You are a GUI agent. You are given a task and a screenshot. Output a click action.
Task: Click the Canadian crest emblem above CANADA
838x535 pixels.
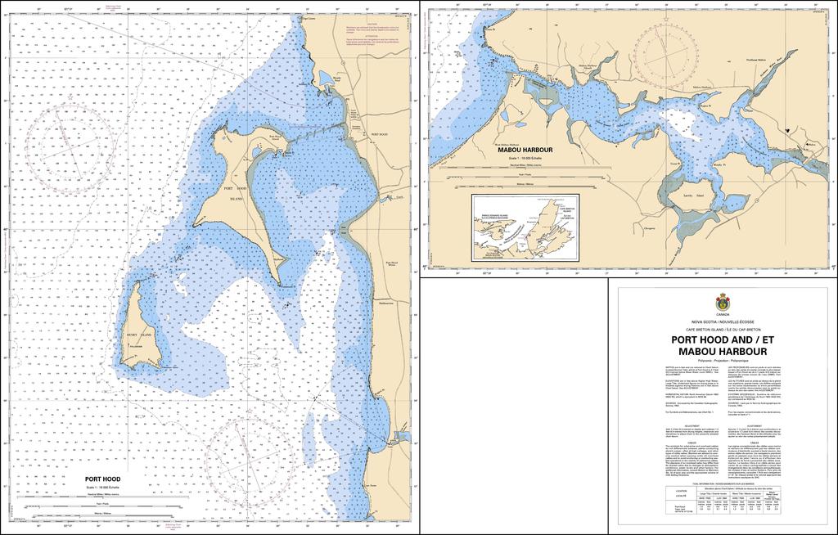coord(722,300)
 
